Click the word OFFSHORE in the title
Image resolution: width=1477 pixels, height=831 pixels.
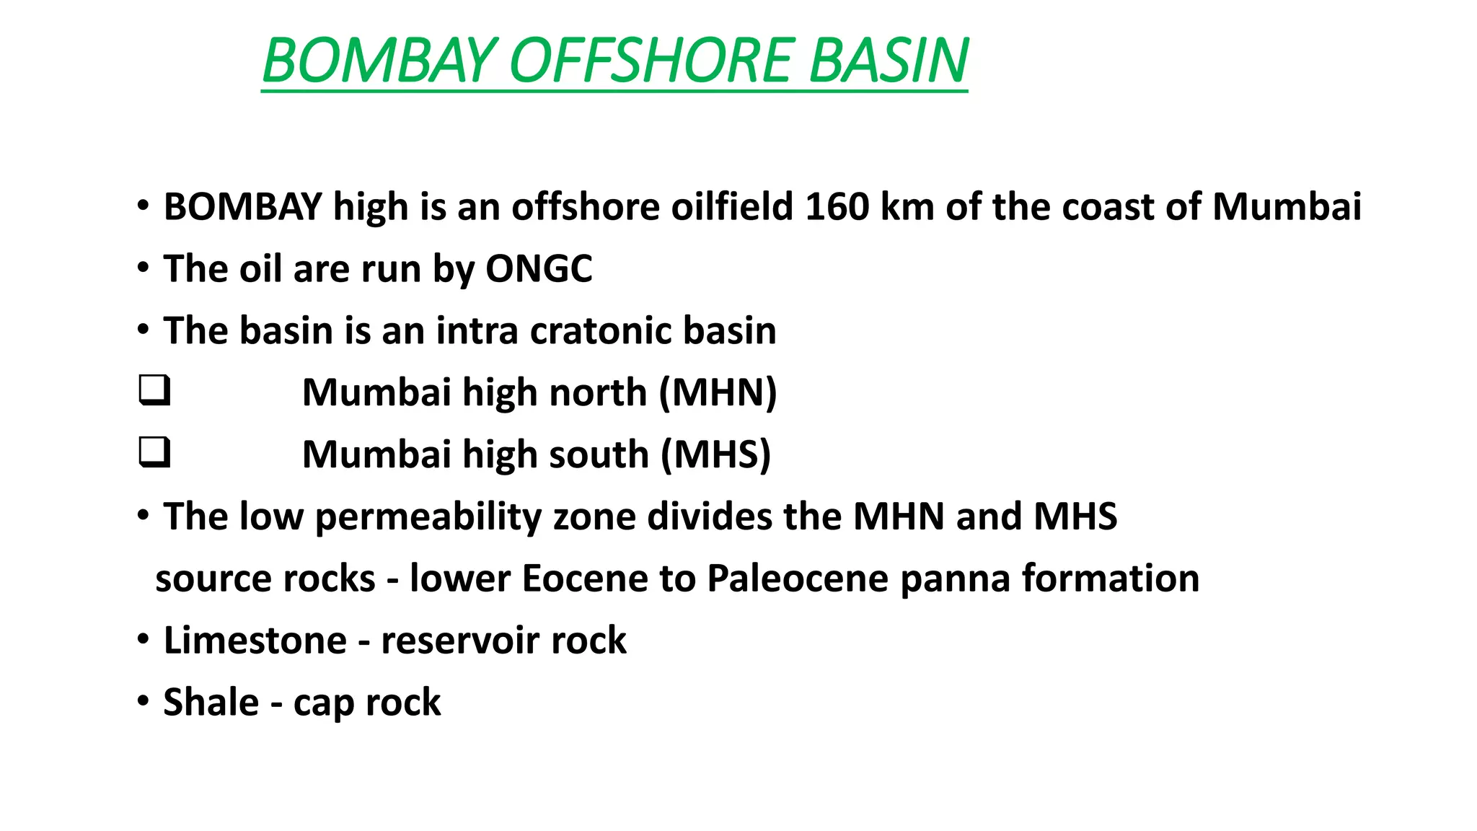653,61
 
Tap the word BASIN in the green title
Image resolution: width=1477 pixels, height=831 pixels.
889,61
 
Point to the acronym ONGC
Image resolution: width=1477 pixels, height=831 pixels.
539,269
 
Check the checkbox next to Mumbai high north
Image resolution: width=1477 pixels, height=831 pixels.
154,390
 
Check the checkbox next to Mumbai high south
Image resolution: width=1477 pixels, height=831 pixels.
154,452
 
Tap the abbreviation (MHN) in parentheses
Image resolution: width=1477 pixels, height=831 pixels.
718,393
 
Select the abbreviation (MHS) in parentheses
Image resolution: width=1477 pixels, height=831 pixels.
715,455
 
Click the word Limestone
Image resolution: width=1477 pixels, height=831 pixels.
255,641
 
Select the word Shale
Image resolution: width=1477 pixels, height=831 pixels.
211,703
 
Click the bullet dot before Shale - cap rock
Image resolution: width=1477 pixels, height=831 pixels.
144,700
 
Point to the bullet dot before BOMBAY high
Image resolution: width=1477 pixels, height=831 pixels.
144,206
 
